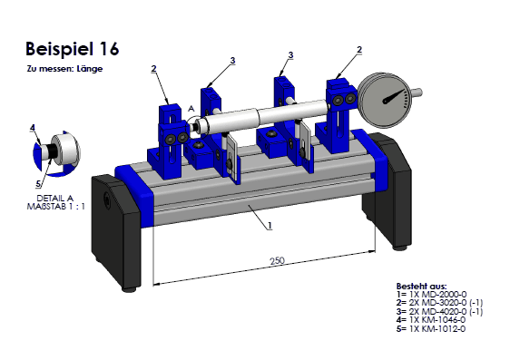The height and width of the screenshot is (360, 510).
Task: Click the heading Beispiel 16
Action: [73, 49]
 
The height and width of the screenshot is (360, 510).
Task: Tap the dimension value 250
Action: [277, 260]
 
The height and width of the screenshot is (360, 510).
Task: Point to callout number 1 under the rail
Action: [270, 225]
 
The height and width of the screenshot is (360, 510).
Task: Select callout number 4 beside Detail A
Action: [32, 128]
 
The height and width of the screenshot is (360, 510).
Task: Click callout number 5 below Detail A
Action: [38, 184]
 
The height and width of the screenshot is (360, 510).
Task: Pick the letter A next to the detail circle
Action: [191, 109]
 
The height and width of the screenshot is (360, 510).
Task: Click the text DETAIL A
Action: [55, 199]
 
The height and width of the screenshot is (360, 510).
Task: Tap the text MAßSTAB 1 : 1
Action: [56, 207]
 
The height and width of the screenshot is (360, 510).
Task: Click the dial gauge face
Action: [386, 101]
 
